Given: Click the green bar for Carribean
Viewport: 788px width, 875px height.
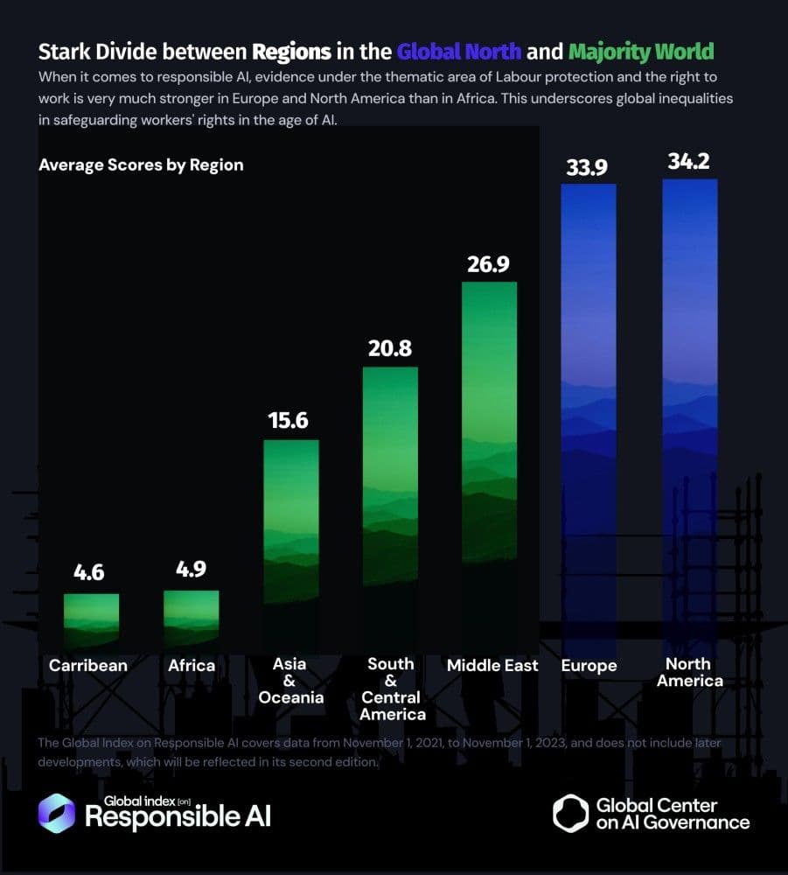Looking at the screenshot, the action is point(92,621).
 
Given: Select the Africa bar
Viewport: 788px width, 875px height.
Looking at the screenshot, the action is point(192,619).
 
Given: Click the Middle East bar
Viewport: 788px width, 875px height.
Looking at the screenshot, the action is point(489,465).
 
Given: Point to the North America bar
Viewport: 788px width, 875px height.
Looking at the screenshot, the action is point(690,417).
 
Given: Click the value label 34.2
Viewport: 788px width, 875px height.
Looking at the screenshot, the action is point(688,161).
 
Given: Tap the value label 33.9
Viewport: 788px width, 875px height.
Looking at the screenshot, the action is point(587,167).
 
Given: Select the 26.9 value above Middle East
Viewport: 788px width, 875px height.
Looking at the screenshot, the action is point(488,264).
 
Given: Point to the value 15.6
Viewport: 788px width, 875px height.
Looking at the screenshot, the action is point(288,420).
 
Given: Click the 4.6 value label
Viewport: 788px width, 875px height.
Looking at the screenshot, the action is point(88,572).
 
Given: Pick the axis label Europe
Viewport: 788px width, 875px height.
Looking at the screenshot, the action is point(589,666).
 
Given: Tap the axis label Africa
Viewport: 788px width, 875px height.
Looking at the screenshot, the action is point(192,665).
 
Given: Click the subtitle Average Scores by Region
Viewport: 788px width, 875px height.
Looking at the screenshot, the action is point(141,165).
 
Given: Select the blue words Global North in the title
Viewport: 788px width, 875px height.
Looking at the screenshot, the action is point(459,52).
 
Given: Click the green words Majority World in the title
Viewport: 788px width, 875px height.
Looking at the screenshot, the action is point(641,52).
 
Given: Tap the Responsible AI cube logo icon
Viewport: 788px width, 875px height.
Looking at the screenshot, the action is point(56,813).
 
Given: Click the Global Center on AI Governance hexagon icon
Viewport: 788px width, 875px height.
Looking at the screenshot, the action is point(570,813).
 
